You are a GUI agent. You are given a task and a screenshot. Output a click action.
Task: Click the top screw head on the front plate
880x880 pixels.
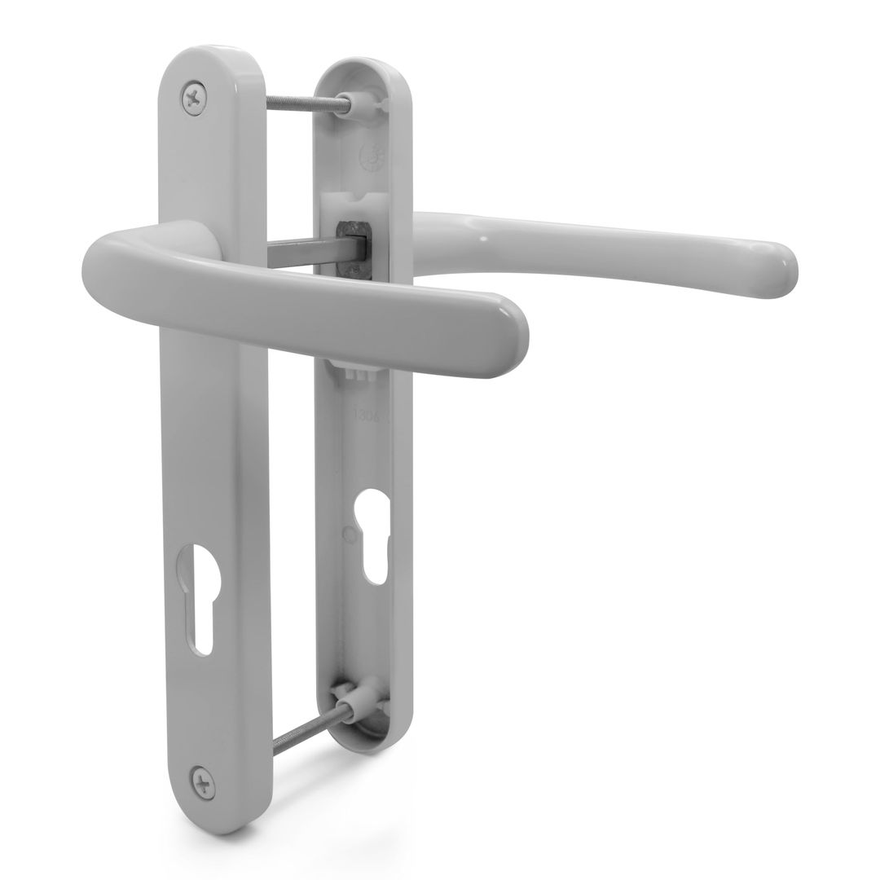194,99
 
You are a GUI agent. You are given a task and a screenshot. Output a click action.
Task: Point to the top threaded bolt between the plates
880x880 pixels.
307,102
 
